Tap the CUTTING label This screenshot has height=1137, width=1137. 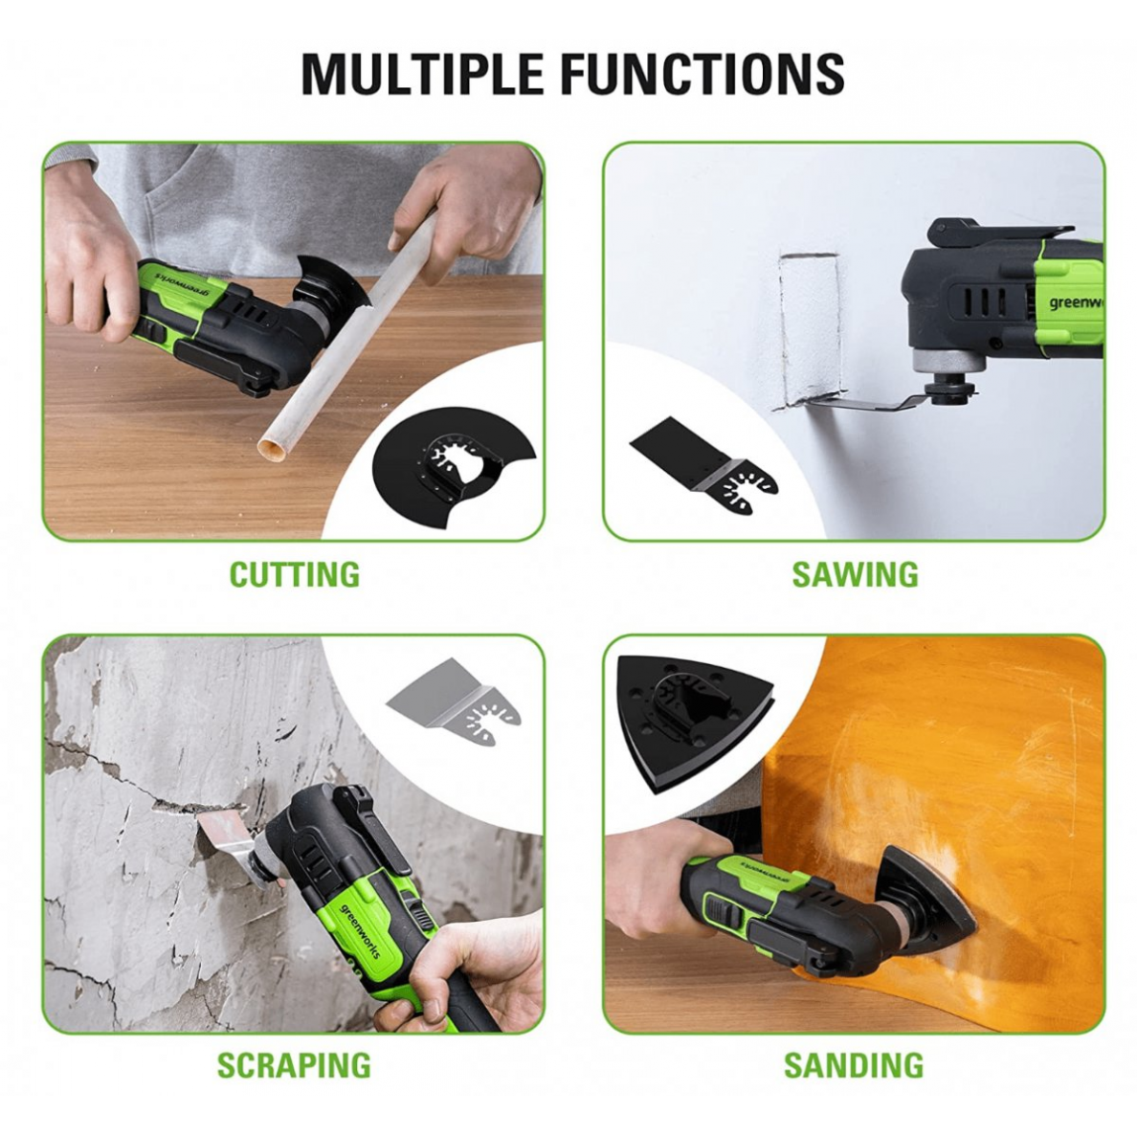(295, 574)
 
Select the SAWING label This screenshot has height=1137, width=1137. (855, 574)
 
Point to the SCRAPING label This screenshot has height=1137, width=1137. (294, 1064)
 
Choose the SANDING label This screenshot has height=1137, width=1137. (854, 1064)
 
